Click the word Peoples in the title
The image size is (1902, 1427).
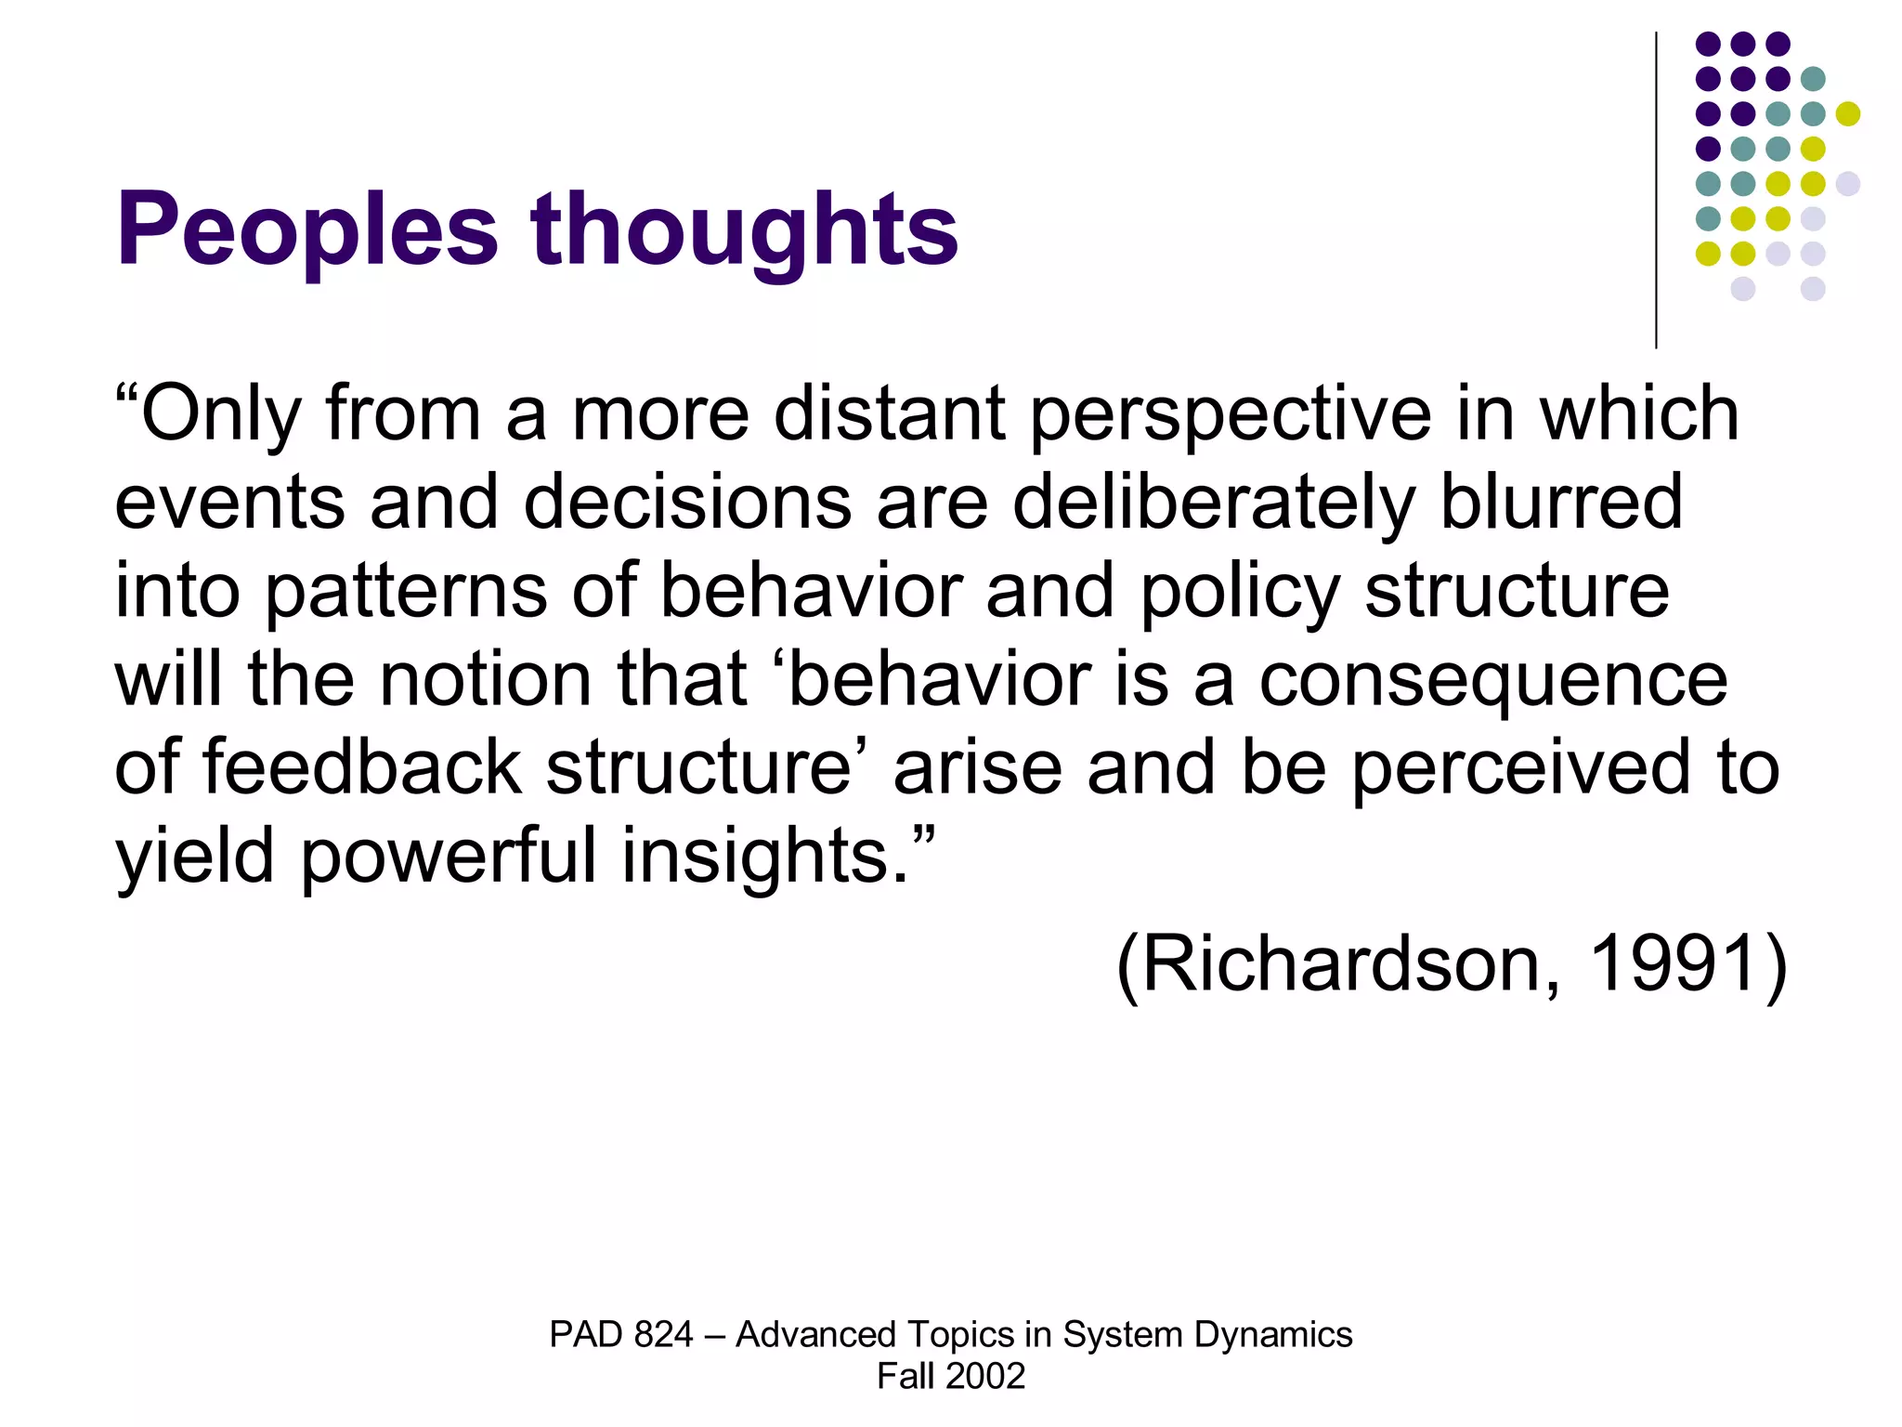tap(307, 229)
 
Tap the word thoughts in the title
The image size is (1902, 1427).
tap(744, 229)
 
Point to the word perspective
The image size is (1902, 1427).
tap(1231, 414)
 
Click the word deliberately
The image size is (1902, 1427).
tap(1213, 503)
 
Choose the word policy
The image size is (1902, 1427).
tap(1241, 592)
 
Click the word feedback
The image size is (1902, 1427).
tap(362, 768)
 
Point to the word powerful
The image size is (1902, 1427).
tap(448, 857)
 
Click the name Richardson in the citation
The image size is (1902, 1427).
tap(1338, 964)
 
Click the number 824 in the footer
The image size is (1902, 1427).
tap(663, 1335)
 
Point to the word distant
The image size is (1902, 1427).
tap(889, 414)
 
